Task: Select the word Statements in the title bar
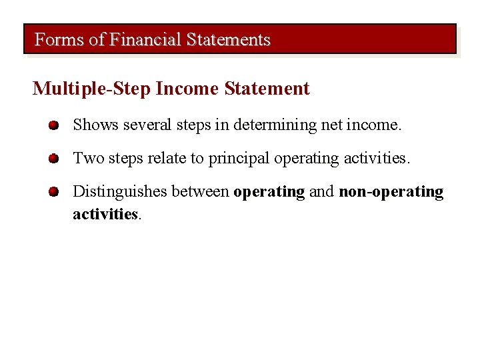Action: (229, 40)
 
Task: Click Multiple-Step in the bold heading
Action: (92, 89)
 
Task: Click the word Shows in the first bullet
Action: (96, 125)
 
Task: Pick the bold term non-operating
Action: (391, 193)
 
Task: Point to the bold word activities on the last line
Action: (105, 214)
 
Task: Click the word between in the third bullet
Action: (200, 192)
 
